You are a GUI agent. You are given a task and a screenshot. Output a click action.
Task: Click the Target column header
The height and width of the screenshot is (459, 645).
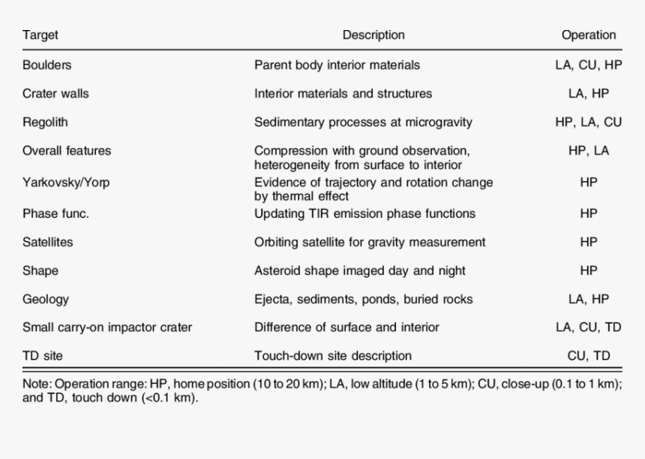tap(40, 35)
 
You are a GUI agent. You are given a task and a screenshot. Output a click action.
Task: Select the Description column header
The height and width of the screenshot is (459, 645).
tap(373, 35)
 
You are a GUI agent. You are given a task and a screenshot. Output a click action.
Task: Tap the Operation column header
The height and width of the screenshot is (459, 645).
tap(589, 35)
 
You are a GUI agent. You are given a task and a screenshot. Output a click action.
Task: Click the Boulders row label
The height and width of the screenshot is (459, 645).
tap(47, 65)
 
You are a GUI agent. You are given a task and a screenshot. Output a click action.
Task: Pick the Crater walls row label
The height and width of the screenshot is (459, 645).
tap(56, 94)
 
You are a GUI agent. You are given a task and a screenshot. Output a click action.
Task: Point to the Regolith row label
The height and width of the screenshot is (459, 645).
tap(45, 122)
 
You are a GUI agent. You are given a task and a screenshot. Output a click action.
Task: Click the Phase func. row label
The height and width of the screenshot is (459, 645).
tap(55, 213)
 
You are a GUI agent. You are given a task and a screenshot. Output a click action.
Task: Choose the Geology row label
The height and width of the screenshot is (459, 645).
tap(46, 299)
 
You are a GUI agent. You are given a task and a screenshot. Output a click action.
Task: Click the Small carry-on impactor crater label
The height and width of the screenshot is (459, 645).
tap(107, 328)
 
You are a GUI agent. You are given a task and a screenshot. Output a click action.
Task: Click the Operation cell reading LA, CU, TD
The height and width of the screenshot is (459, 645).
tap(589, 328)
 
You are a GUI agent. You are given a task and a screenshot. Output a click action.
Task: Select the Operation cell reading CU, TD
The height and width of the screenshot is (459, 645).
tap(589, 355)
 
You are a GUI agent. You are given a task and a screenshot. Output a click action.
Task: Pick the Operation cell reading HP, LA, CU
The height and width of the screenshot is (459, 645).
tap(589, 122)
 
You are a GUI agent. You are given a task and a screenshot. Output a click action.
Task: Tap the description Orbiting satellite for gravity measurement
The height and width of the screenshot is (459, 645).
tap(370, 243)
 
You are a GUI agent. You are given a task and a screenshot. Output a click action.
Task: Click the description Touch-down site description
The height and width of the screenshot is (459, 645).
tap(333, 355)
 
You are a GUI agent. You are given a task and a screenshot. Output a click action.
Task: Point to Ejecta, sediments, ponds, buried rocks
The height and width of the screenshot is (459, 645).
tap(364, 299)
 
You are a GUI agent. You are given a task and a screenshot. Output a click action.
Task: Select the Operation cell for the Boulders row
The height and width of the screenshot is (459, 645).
tap(589, 65)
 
